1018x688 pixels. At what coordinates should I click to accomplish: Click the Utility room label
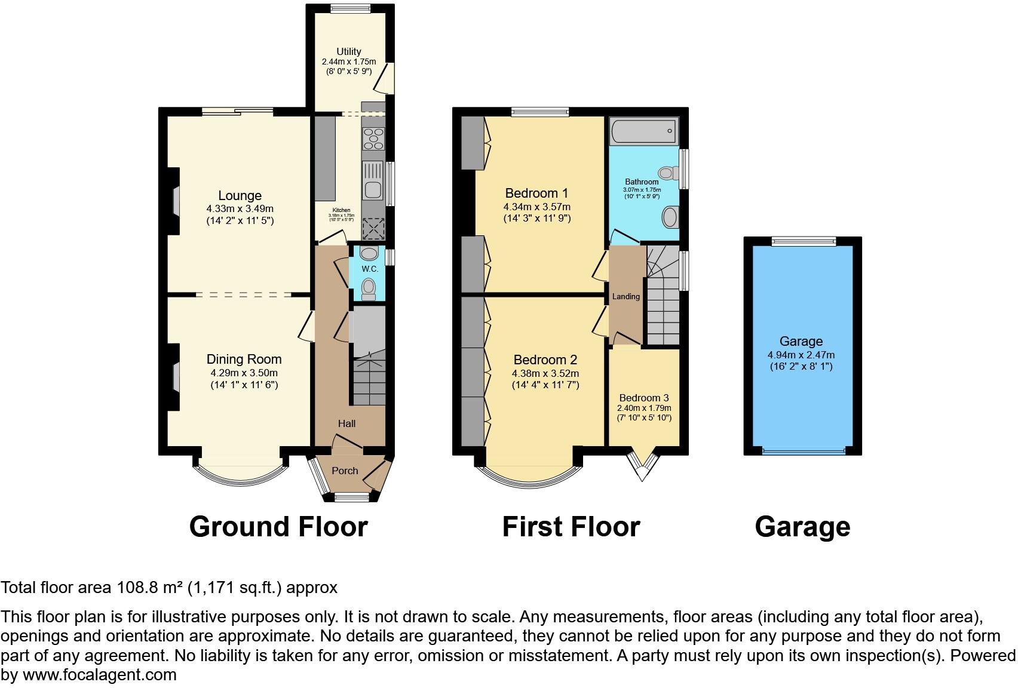(348, 51)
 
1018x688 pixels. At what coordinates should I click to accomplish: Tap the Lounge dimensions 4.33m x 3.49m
(240, 208)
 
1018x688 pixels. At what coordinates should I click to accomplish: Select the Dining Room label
(244, 359)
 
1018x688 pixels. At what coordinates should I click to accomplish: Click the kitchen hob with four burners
(374, 139)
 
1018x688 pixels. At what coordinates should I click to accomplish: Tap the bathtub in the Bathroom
(643, 131)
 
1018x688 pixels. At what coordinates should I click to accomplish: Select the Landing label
(625, 296)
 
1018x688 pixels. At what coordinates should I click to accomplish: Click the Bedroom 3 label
(643, 398)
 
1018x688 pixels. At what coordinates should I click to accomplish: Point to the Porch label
(345, 471)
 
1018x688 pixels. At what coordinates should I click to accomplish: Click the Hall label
(347, 423)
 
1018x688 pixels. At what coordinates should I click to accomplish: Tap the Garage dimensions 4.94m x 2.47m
(801, 355)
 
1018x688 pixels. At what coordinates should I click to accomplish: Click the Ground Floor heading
(278, 527)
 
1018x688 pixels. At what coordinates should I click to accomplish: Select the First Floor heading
(571, 527)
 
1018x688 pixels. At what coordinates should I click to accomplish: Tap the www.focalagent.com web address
(100, 675)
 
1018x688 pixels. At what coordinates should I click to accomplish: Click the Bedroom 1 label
(536, 193)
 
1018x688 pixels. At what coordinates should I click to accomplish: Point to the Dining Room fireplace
(176, 377)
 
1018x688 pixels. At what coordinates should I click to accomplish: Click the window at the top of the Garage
(802, 241)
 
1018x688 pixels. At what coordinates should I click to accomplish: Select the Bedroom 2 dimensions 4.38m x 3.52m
(545, 373)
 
